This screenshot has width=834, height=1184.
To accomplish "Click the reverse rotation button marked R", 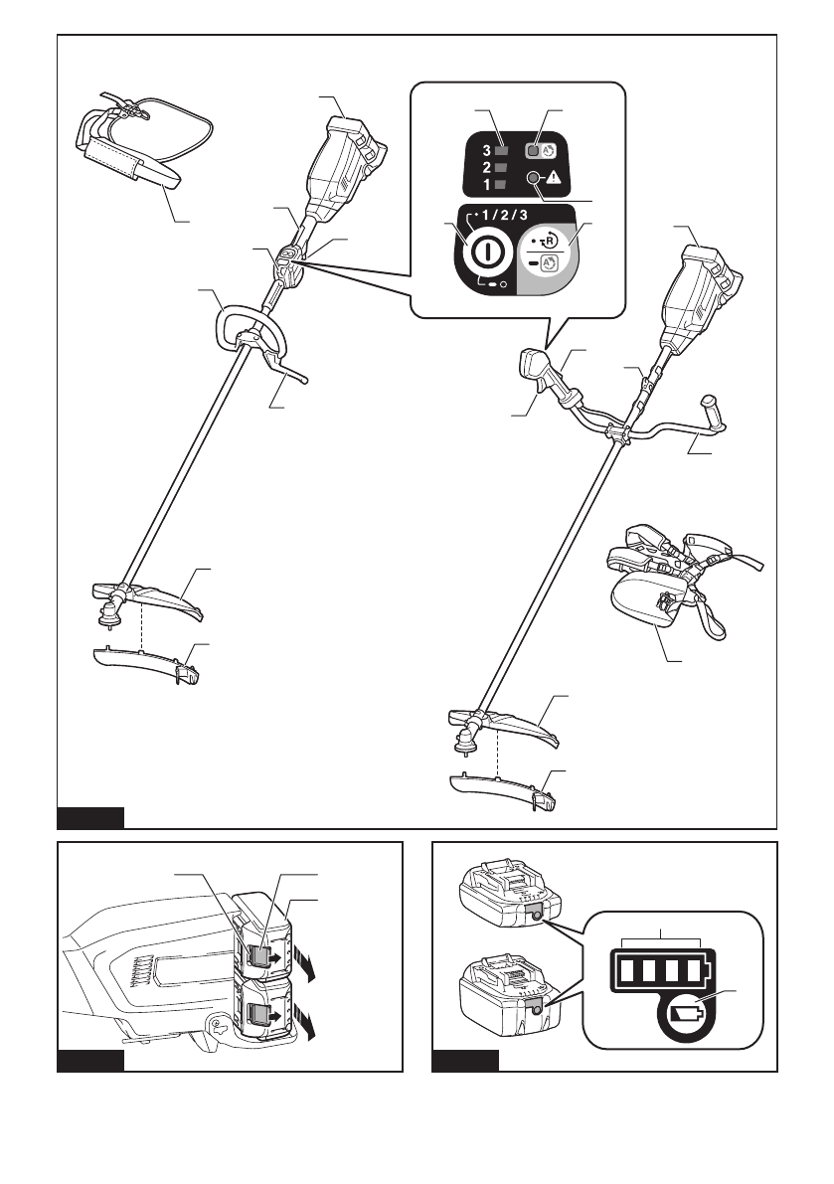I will [546, 243].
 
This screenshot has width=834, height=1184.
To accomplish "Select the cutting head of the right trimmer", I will [463, 742].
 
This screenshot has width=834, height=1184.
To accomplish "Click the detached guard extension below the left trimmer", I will [149, 662].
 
